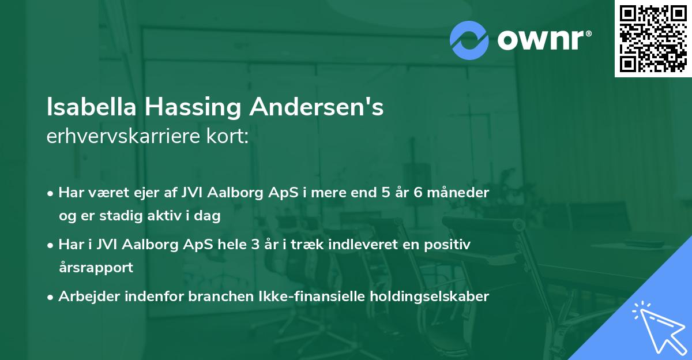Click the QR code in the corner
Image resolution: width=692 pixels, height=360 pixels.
coord(653,39)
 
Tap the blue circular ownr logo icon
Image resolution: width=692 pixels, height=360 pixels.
coord(469,40)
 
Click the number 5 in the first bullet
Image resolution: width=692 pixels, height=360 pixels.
coord(385,193)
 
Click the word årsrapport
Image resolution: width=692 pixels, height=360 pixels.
coord(96,268)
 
